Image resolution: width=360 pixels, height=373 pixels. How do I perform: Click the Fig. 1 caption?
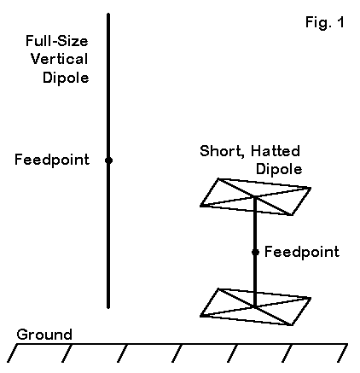[x=325, y=22]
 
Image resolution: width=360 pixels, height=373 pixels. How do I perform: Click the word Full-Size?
[x=57, y=41]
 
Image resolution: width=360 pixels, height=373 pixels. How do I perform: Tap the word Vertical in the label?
[x=59, y=59]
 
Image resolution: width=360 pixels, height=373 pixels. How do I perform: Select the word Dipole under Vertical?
[x=66, y=78]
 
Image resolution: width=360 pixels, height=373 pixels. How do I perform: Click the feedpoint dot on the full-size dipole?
[x=108, y=160]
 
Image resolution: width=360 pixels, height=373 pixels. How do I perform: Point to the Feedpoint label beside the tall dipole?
[x=52, y=160]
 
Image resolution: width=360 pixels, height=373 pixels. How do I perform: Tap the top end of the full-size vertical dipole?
[x=108, y=14]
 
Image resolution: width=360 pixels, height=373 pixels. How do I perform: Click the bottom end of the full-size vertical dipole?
[x=108, y=307]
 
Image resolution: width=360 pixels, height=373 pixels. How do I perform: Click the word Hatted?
[x=276, y=151]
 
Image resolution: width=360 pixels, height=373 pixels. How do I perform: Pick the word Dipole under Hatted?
[x=279, y=169]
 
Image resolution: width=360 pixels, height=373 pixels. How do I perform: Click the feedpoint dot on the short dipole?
[x=255, y=252]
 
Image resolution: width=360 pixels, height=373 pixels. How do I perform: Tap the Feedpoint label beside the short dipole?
[x=302, y=252]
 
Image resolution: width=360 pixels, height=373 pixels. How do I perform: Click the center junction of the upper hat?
[x=255, y=196]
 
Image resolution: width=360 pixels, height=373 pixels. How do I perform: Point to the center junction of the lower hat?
[x=255, y=306]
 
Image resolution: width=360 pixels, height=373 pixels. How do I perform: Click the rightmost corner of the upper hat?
[x=311, y=188]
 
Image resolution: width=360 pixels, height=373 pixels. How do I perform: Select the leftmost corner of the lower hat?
[x=200, y=316]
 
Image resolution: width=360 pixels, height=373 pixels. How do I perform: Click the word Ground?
[x=44, y=335]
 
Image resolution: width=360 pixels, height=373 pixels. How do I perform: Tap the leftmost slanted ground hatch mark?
[x=13, y=353]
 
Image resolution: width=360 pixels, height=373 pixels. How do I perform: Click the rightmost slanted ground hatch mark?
[x=342, y=353]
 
